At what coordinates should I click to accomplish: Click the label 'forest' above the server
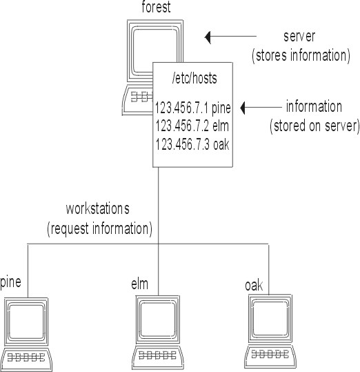(156, 7)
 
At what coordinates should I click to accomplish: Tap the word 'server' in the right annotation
(299, 37)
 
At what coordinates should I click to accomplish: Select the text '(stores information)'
(301, 56)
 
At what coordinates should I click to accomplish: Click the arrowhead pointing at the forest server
(208, 37)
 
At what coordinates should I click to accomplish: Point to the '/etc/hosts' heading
(194, 78)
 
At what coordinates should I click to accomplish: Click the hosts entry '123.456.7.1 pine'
(192, 108)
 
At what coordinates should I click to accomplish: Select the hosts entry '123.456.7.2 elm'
(192, 126)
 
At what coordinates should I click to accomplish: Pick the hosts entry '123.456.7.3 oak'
(192, 144)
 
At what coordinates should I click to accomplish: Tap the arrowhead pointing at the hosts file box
(243, 108)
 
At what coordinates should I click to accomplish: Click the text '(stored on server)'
(314, 126)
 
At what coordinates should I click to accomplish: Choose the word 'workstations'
(98, 208)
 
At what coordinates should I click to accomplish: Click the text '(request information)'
(99, 228)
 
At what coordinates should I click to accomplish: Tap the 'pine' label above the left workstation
(10, 282)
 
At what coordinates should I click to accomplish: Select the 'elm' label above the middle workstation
(139, 284)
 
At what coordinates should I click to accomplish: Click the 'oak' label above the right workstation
(254, 285)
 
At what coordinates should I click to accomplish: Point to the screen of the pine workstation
(26, 322)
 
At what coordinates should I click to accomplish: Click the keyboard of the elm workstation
(158, 358)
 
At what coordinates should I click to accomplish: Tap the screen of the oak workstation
(270, 318)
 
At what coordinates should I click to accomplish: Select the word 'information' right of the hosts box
(314, 106)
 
